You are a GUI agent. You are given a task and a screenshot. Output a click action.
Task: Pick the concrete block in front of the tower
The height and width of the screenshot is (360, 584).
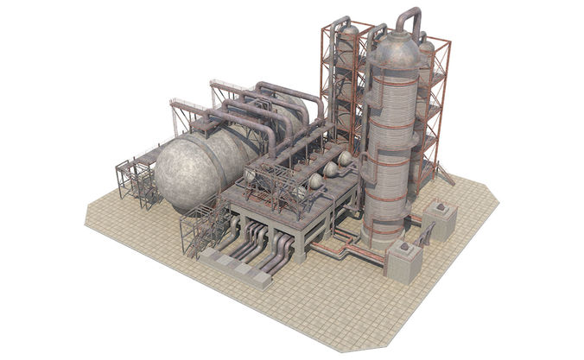[x=403, y=260]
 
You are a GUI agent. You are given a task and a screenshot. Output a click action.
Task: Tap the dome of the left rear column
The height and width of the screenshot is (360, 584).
[x=347, y=34]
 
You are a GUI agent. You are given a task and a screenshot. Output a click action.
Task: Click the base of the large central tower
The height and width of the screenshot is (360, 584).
[x=384, y=235]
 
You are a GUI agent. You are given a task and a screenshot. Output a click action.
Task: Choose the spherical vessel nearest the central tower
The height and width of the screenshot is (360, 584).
[x=344, y=160]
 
